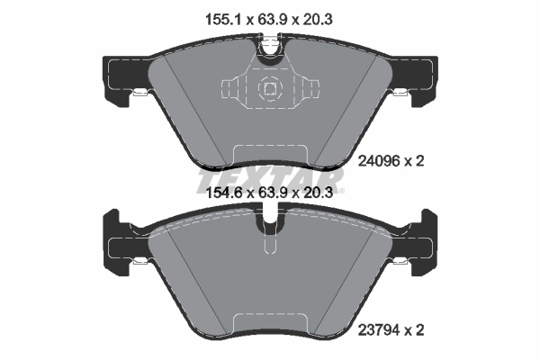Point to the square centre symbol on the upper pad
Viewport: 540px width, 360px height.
point(269,89)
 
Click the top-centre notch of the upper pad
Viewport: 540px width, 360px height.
point(269,50)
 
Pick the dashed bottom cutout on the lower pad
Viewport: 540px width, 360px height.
point(269,326)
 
